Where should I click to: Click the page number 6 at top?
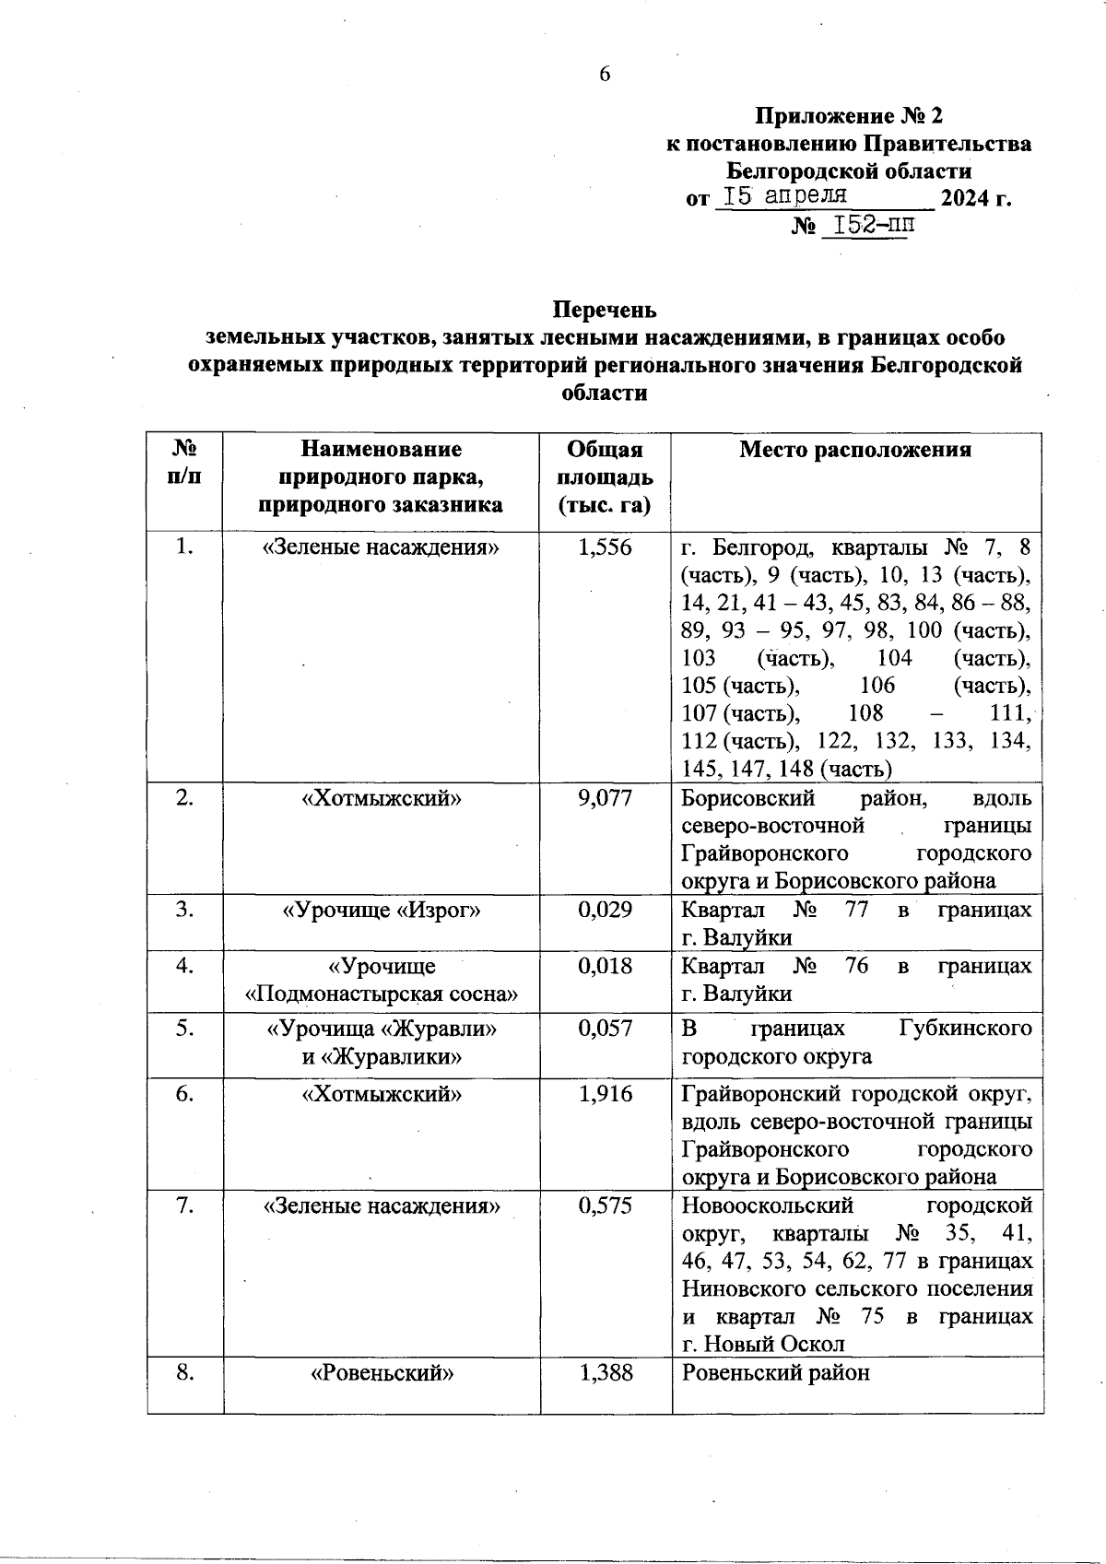coord(605,75)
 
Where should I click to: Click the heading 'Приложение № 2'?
coord(849,116)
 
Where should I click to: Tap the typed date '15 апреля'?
coord(784,196)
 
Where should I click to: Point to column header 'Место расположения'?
coord(855,450)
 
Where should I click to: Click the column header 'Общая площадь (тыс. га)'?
coord(605,477)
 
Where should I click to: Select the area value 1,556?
coord(605,547)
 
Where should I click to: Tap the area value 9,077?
coord(605,798)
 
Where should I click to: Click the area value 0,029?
coord(605,910)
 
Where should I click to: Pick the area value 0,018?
coord(605,966)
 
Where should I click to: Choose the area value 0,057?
coord(605,1028)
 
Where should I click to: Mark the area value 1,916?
coord(605,1094)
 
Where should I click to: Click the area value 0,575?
coord(605,1205)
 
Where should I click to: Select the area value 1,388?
coord(605,1372)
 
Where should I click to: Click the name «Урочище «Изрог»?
coord(382,911)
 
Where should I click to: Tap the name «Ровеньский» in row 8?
coord(382,1373)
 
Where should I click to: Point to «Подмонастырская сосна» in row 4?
coord(382,994)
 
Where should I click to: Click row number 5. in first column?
coord(185,1028)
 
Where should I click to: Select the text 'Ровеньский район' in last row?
coord(775,1373)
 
